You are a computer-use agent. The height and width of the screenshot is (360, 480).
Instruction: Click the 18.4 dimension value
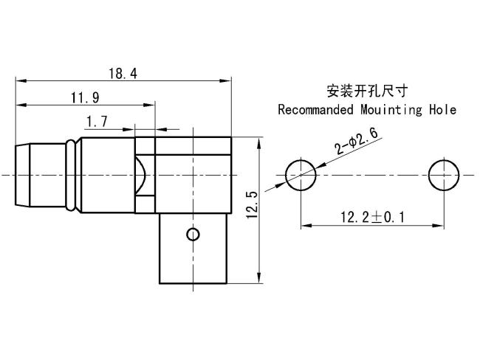point(123,74)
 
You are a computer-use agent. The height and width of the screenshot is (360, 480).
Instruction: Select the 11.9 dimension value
point(85,98)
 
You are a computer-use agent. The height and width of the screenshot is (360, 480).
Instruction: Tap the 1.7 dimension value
point(97,122)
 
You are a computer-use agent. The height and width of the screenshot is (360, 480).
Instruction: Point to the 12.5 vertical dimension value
point(253,205)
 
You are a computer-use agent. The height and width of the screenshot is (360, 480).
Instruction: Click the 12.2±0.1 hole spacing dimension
point(372,218)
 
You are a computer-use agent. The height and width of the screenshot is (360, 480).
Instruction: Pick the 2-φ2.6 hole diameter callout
point(357,142)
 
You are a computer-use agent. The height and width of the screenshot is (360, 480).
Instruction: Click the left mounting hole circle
point(301,175)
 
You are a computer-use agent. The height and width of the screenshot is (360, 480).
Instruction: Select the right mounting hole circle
point(444,175)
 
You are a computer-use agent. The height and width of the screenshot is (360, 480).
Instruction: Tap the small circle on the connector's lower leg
point(193,235)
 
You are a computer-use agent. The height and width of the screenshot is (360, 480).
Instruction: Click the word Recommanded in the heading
point(315,110)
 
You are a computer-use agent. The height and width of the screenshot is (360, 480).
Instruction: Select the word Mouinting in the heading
point(391,110)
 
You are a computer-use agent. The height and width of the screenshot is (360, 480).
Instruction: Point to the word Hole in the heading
point(442,110)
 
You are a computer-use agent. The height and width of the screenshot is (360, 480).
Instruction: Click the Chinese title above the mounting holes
point(367,91)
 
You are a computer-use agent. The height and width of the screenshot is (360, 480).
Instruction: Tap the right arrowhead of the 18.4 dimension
point(226,81)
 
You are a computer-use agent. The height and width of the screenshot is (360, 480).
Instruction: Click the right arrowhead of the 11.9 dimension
point(149,105)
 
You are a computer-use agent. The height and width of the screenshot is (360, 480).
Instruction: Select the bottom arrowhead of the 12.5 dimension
point(259,277)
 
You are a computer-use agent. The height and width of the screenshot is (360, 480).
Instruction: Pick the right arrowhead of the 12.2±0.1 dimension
point(438,226)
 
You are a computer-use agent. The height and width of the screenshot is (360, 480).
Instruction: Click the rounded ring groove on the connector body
point(71,176)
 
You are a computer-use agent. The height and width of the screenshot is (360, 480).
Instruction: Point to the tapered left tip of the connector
point(22,176)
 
